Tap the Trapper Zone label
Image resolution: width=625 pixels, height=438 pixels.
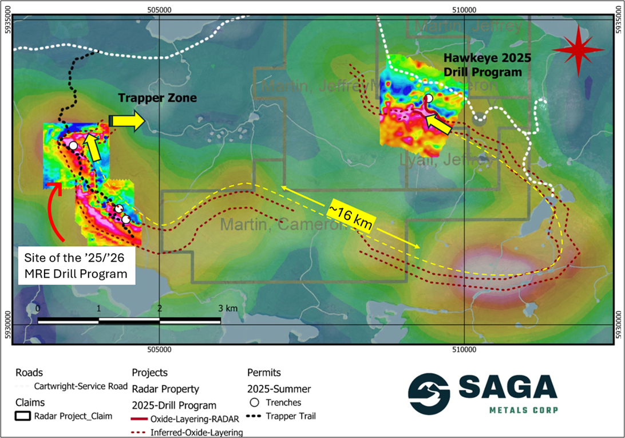pos(157,98)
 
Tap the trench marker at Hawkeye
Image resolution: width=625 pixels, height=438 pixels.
pos(428,98)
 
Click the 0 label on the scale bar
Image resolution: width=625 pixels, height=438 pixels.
pos(38,308)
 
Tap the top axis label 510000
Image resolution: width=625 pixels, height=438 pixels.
pos(464,10)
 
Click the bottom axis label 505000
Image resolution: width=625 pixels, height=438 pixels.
pos(159,350)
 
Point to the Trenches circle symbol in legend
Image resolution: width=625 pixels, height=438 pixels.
pos(255,403)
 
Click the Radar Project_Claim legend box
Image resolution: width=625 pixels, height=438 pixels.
pos(23,416)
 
